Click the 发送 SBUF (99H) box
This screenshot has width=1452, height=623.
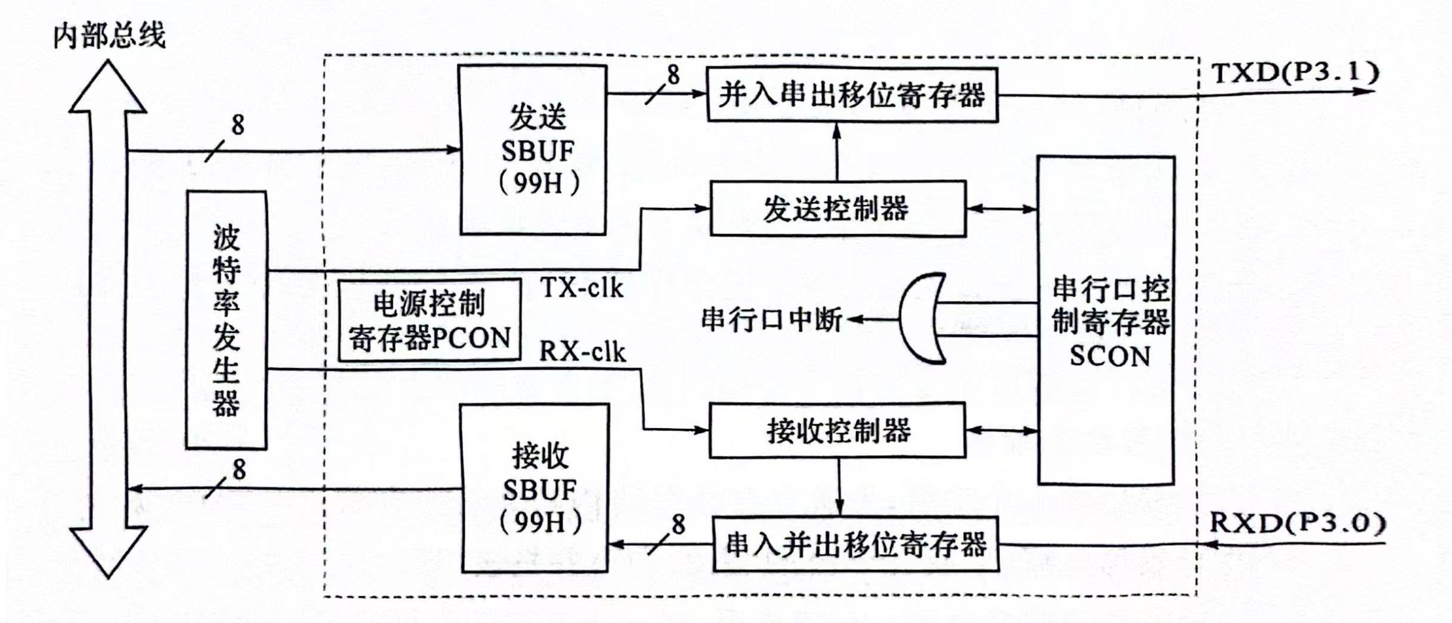click(x=533, y=149)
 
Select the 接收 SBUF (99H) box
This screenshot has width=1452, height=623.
click(x=535, y=488)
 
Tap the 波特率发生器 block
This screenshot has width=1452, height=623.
click(x=227, y=320)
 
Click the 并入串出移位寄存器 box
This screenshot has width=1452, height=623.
click(x=852, y=95)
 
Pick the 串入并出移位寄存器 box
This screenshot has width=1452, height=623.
click(x=855, y=544)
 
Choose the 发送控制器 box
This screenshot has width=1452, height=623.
click(x=837, y=209)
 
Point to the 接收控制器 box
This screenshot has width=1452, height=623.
click(x=837, y=430)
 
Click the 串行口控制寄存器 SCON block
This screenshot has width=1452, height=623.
click(x=1107, y=320)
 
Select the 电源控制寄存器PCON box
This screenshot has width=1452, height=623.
click(x=429, y=320)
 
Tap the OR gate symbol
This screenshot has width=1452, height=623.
click(x=921, y=319)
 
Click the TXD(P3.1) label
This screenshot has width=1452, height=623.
click(x=1296, y=73)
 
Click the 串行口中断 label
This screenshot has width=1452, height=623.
click(x=771, y=320)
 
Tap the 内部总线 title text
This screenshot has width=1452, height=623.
click(x=109, y=36)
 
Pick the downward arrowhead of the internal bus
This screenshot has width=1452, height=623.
click(x=108, y=551)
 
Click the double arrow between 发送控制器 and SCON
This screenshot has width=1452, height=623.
click(x=1002, y=209)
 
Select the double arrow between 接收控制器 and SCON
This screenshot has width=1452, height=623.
click(x=1002, y=430)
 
